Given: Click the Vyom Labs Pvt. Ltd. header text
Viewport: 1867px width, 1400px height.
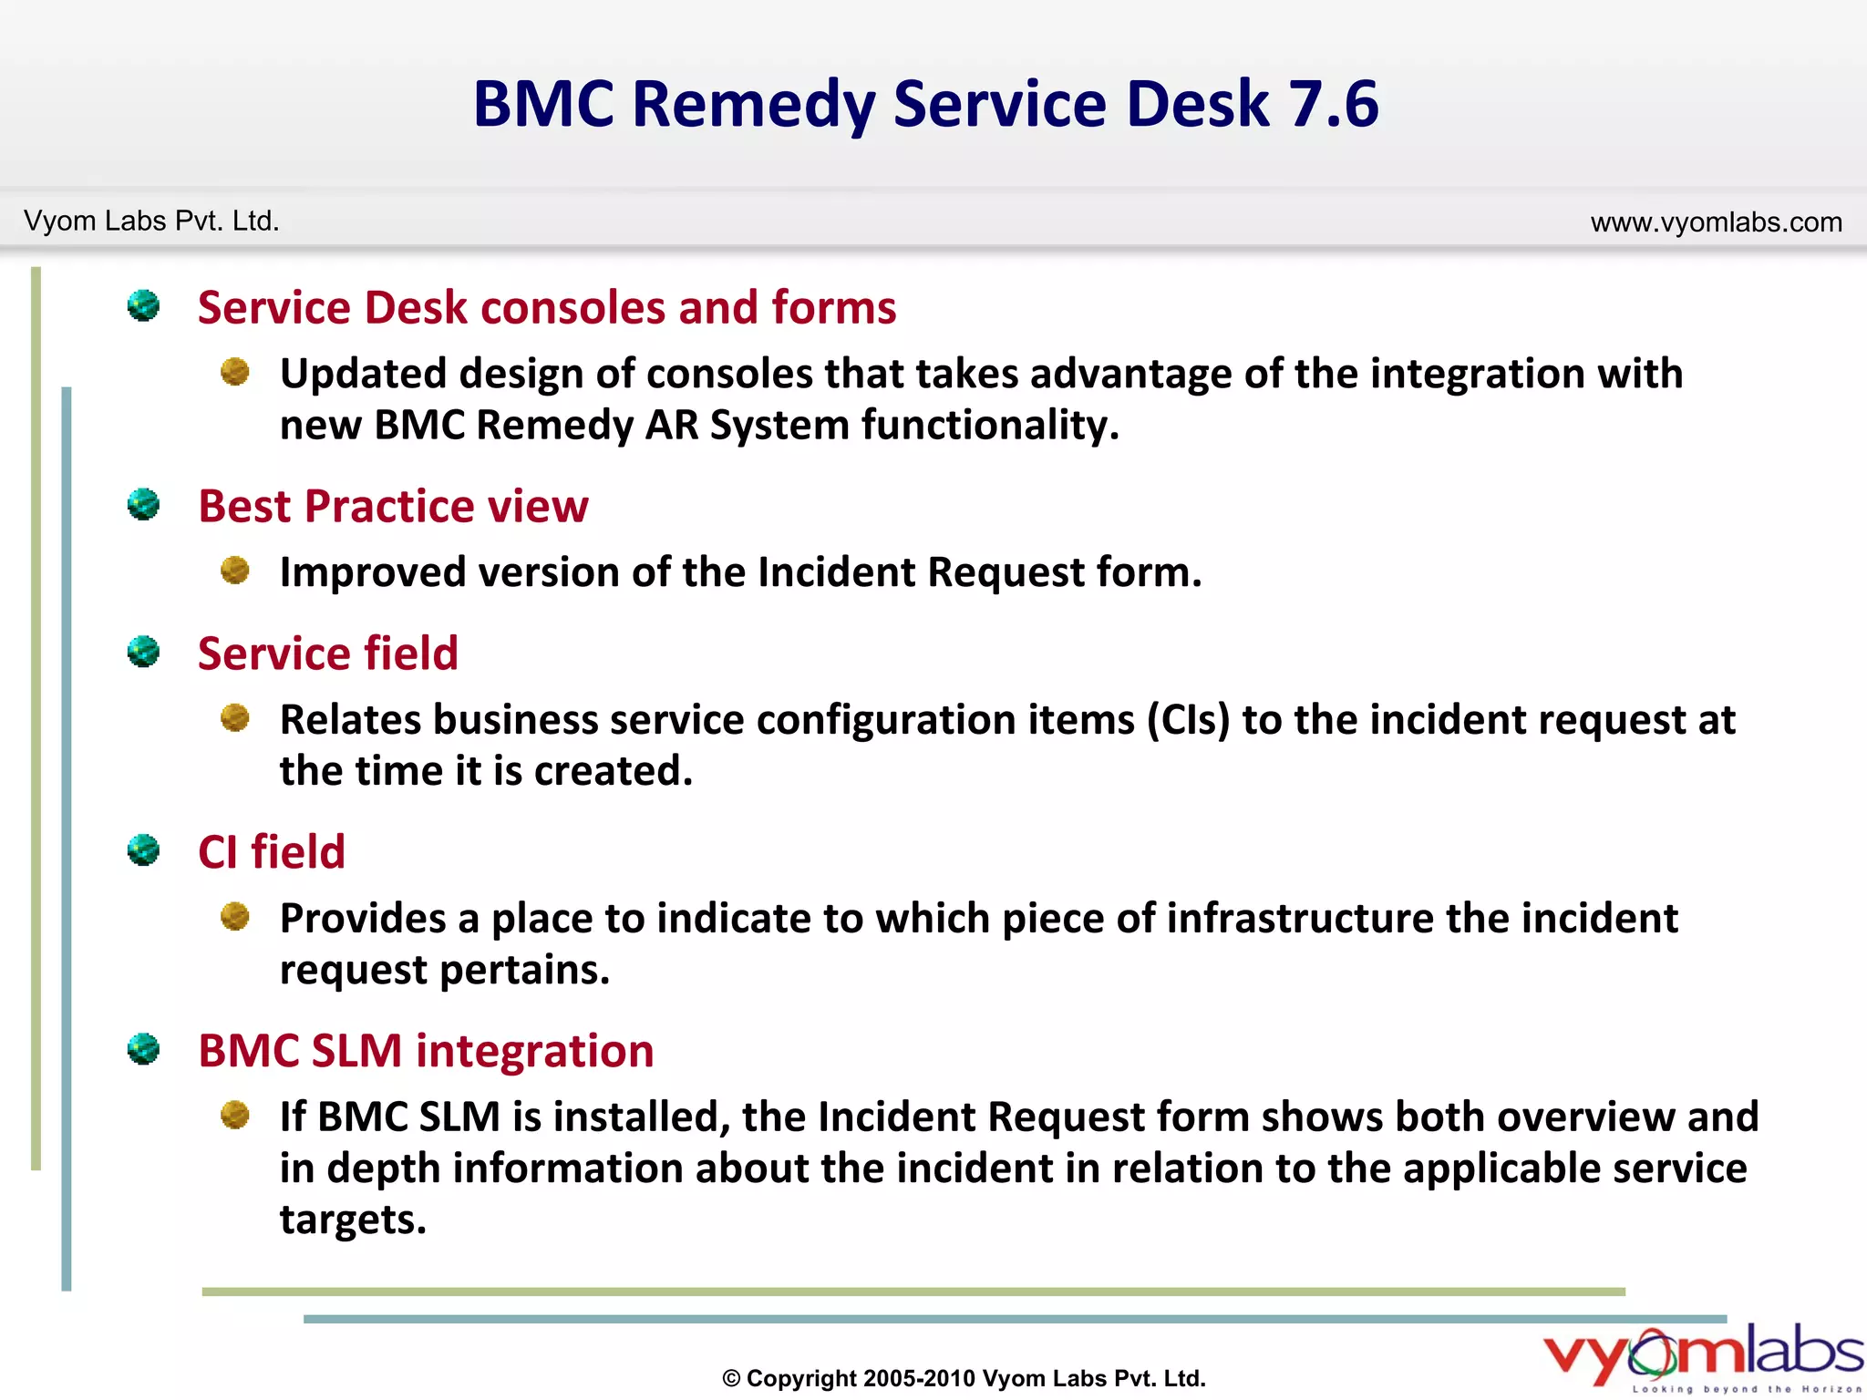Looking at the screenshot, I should (151, 221).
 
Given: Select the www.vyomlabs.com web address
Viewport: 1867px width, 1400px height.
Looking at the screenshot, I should (1716, 222).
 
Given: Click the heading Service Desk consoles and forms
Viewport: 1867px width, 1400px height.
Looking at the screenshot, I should (547, 307).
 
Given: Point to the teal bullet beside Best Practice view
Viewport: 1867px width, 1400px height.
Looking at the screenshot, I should (143, 504).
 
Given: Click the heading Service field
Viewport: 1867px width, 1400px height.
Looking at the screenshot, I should (328, 654).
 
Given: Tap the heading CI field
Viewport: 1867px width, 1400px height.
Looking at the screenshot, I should (272, 852).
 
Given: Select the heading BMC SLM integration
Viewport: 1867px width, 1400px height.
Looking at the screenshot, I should (426, 1051).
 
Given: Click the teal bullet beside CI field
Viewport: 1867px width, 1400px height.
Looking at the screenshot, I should (143, 850).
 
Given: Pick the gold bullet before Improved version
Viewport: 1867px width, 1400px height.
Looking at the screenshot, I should (235, 571).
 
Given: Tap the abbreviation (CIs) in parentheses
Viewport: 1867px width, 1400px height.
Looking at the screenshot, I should (1189, 720).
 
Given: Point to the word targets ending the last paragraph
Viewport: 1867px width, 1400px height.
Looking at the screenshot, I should (352, 1220).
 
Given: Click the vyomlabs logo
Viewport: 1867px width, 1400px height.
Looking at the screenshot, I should (1702, 1355).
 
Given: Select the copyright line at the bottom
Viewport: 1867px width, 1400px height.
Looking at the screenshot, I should (964, 1378).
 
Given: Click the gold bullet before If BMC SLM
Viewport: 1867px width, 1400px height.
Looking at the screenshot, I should (235, 1115).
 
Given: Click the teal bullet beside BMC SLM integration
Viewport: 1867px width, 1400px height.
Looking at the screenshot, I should (143, 1049).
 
